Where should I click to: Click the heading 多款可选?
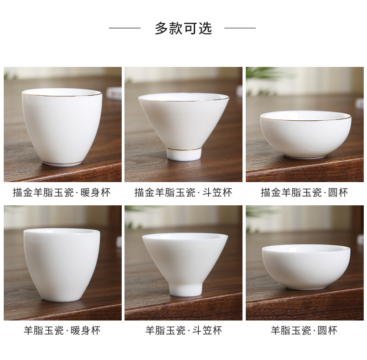(183, 28)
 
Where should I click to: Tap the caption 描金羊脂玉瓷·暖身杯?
(62, 193)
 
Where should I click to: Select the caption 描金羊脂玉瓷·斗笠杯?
(183, 193)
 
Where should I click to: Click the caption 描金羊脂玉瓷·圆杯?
(304, 193)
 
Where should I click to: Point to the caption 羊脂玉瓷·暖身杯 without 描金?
(62, 331)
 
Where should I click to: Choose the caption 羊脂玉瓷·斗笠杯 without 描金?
(183, 331)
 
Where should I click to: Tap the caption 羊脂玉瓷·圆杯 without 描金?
(304, 331)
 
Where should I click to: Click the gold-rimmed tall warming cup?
(62, 128)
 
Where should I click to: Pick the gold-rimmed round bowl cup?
(306, 134)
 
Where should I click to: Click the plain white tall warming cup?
(62, 265)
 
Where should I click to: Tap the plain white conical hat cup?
(185, 263)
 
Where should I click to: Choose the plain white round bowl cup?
(306, 267)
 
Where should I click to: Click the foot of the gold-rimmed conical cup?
(184, 154)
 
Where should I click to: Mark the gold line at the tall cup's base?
(62, 163)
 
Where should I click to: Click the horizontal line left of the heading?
(125, 28)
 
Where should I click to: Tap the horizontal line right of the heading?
(240, 28)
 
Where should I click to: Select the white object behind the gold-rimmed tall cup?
(114, 94)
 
